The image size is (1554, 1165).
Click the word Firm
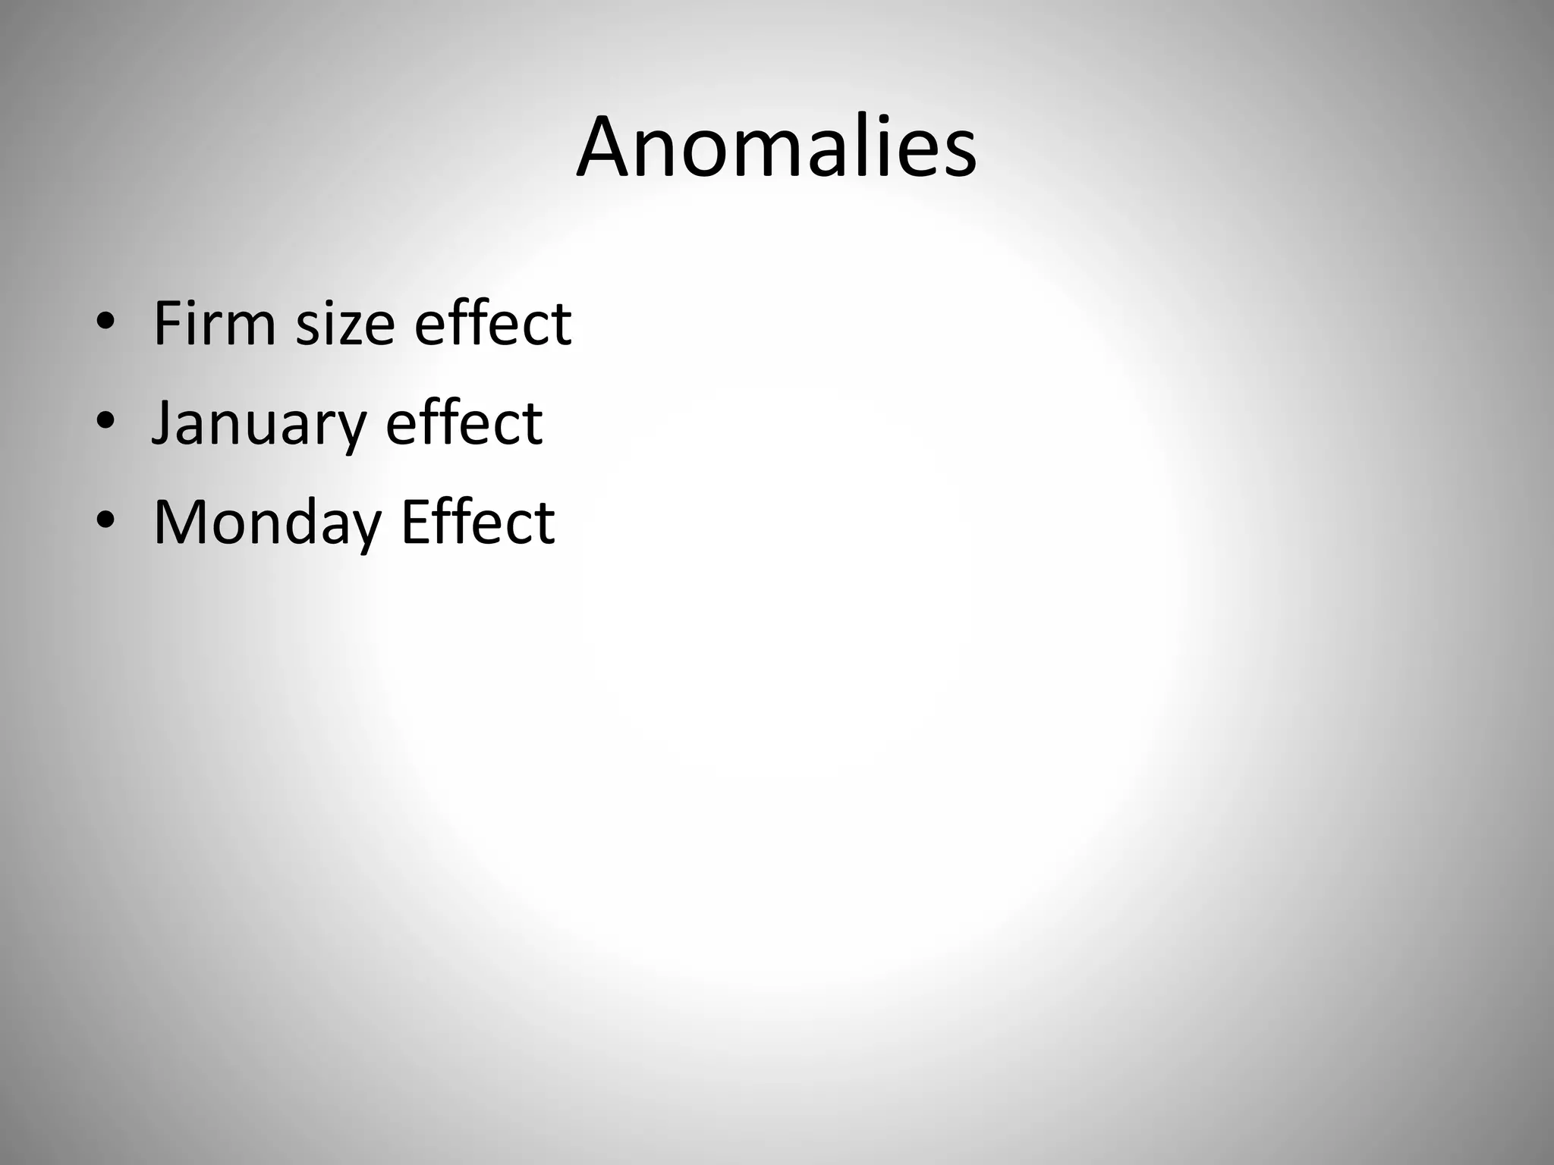(x=214, y=323)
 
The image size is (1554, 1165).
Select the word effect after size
(x=492, y=323)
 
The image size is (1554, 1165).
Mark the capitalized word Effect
(x=478, y=522)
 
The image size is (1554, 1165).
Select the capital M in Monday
(x=181, y=522)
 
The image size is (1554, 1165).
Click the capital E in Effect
(x=416, y=522)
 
